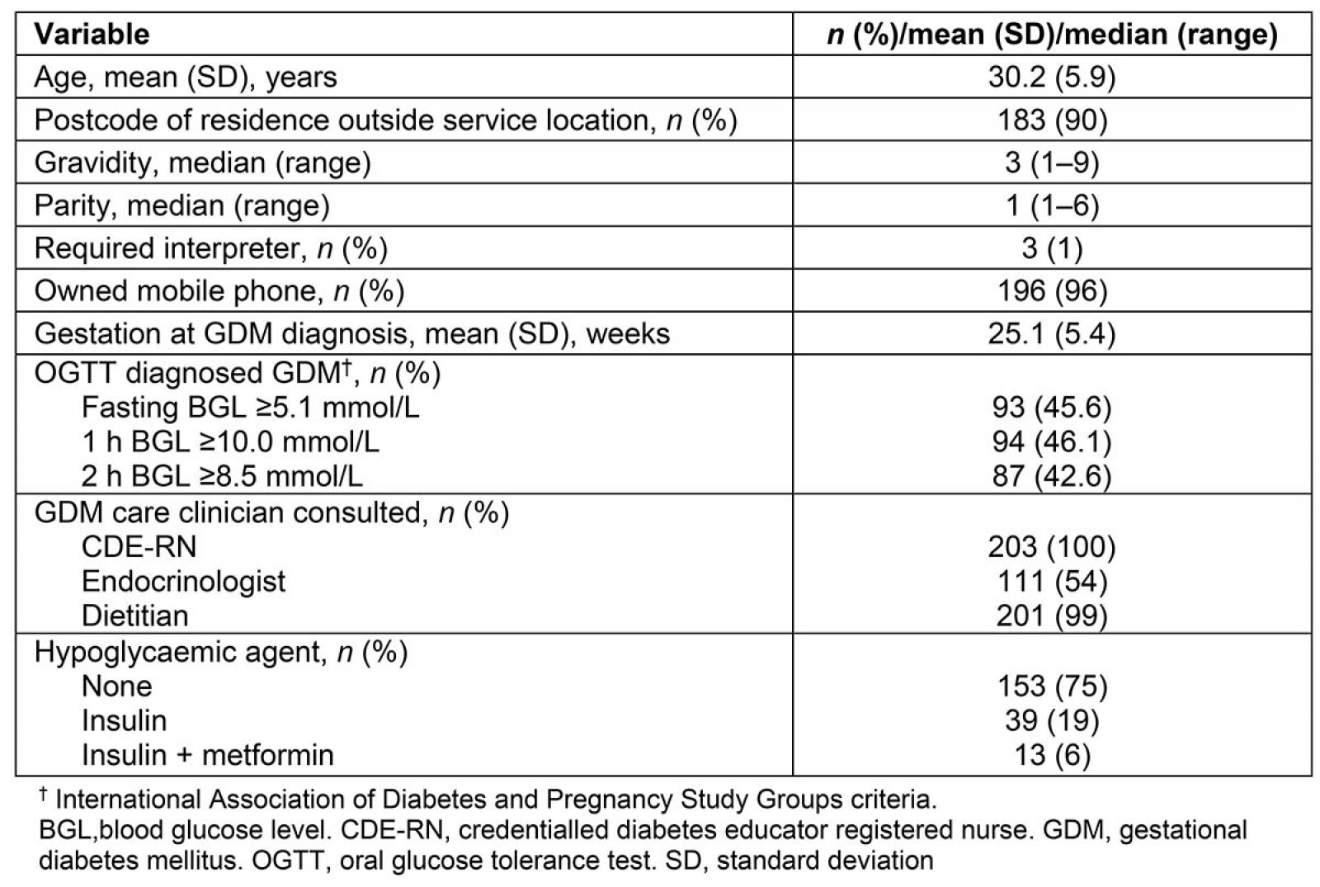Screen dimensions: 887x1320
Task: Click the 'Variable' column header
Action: coord(92,35)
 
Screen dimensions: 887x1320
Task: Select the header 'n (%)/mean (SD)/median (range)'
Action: coord(1052,35)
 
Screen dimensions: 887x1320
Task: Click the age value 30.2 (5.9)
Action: coord(1052,78)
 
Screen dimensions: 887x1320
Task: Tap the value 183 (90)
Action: coord(1052,120)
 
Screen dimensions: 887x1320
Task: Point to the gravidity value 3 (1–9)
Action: coord(1052,163)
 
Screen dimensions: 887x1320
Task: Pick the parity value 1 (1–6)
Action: coord(1052,205)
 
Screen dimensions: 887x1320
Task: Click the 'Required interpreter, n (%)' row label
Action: coord(210,248)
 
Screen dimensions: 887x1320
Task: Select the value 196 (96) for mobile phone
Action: coord(1052,291)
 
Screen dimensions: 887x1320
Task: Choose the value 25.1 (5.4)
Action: coord(1052,334)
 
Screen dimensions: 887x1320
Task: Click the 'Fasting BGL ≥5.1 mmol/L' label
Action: coord(250,408)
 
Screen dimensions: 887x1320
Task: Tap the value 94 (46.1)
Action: coord(1052,442)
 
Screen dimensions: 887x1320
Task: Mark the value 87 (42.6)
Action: coord(1052,477)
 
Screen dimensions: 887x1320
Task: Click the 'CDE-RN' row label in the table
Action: coord(139,547)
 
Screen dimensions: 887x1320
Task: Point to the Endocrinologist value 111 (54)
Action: coord(1052,582)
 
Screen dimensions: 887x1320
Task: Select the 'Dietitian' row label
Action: coord(134,616)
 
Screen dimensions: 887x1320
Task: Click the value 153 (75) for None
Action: coord(1052,686)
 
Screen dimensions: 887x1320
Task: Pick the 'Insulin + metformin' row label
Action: coord(207,756)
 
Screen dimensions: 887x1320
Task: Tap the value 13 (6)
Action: coord(1052,756)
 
